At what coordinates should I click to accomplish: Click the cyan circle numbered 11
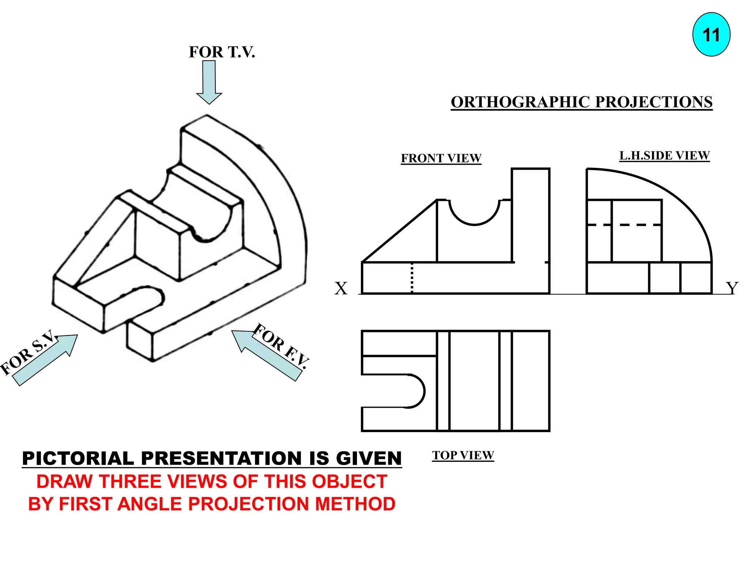[711, 35]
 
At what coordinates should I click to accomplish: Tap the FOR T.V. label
[222, 52]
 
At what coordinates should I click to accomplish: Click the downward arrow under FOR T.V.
[209, 82]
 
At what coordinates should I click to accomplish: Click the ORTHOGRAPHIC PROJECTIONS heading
[581, 102]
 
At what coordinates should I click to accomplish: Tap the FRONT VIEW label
[441, 158]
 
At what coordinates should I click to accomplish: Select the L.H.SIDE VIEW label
[664, 156]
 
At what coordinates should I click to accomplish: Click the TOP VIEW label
[463, 455]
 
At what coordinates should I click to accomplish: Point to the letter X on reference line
[341, 288]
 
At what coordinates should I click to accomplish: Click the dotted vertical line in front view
[412, 278]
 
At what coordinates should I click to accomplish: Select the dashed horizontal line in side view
[624, 225]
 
